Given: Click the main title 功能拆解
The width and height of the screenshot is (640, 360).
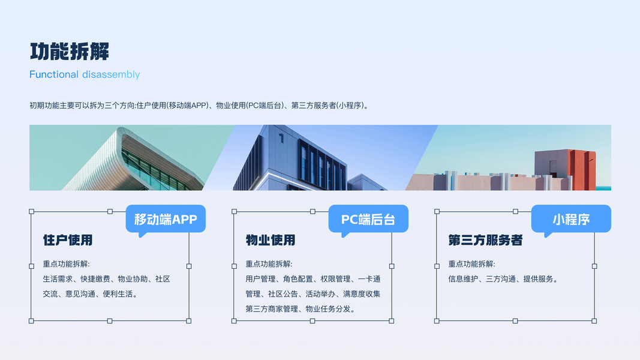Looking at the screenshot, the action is click(x=70, y=52).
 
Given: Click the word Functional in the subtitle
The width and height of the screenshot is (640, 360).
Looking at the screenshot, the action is click(x=54, y=74).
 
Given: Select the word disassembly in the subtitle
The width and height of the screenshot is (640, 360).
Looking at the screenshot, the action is click(x=111, y=74).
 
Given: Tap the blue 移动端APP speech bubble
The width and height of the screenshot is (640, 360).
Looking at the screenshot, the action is click(x=166, y=220).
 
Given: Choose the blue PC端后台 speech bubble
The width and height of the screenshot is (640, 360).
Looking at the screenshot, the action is click(x=368, y=220).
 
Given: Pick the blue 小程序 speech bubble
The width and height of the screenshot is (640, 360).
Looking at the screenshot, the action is click(x=571, y=220).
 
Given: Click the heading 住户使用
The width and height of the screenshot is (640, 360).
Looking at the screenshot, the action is click(x=68, y=240).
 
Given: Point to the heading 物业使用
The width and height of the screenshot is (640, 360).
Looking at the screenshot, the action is click(x=271, y=240).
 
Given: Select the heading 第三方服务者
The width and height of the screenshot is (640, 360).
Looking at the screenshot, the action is click(x=485, y=240).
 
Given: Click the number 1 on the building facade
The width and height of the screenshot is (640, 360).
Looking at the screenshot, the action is click(x=281, y=139).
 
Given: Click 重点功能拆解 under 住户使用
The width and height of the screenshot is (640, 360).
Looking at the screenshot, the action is click(x=66, y=264).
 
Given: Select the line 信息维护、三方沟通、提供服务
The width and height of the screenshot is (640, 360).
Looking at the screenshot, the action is click(x=503, y=279).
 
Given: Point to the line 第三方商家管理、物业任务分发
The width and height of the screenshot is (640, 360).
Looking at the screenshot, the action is click(x=301, y=309).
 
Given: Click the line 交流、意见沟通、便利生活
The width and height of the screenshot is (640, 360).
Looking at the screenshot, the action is click(x=90, y=294).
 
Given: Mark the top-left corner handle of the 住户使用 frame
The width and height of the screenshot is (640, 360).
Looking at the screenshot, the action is click(x=31, y=211).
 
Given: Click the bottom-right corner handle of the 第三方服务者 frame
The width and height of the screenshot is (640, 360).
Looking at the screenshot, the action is click(x=594, y=321).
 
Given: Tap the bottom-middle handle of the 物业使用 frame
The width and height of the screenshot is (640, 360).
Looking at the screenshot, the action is click(x=313, y=321).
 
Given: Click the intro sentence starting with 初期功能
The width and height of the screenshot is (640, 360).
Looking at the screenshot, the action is click(x=200, y=106).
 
